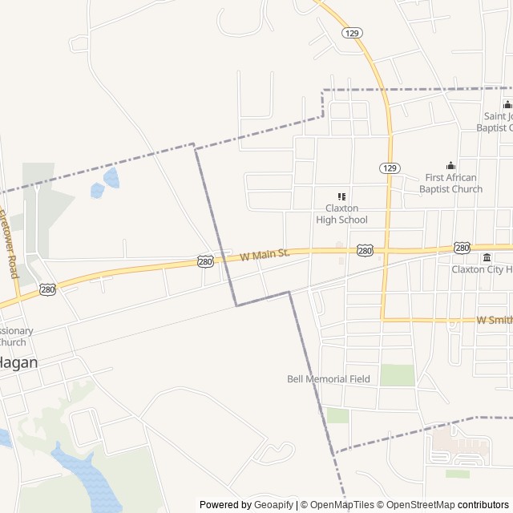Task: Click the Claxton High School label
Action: (x=341, y=214)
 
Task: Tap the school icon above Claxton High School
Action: (x=341, y=196)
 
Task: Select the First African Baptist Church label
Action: (x=450, y=184)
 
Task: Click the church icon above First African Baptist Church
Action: (x=450, y=166)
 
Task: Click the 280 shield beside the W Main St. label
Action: (x=205, y=261)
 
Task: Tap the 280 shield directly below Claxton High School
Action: (x=366, y=251)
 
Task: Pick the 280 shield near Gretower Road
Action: (x=48, y=289)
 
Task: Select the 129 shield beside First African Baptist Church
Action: (x=389, y=168)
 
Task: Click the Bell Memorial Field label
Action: (x=329, y=379)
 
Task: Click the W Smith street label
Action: (x=494, y=319)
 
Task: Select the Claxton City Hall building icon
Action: (x=487, y=257)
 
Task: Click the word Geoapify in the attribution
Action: (x=274, y=505)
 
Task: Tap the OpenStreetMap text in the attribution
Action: (x=415, y=505)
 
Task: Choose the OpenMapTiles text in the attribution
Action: (x=343, y=505)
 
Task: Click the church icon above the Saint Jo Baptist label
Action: (x=507, y=104)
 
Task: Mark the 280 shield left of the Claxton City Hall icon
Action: (x=462, y=248)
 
